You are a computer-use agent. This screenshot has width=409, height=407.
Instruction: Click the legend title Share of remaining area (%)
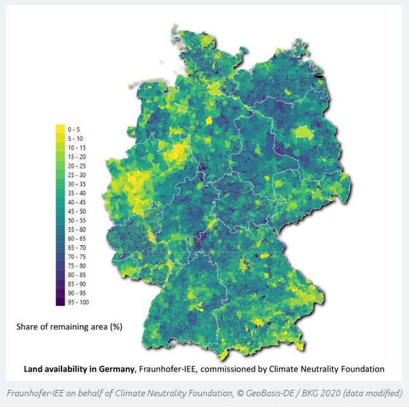click(x=68, y=327)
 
